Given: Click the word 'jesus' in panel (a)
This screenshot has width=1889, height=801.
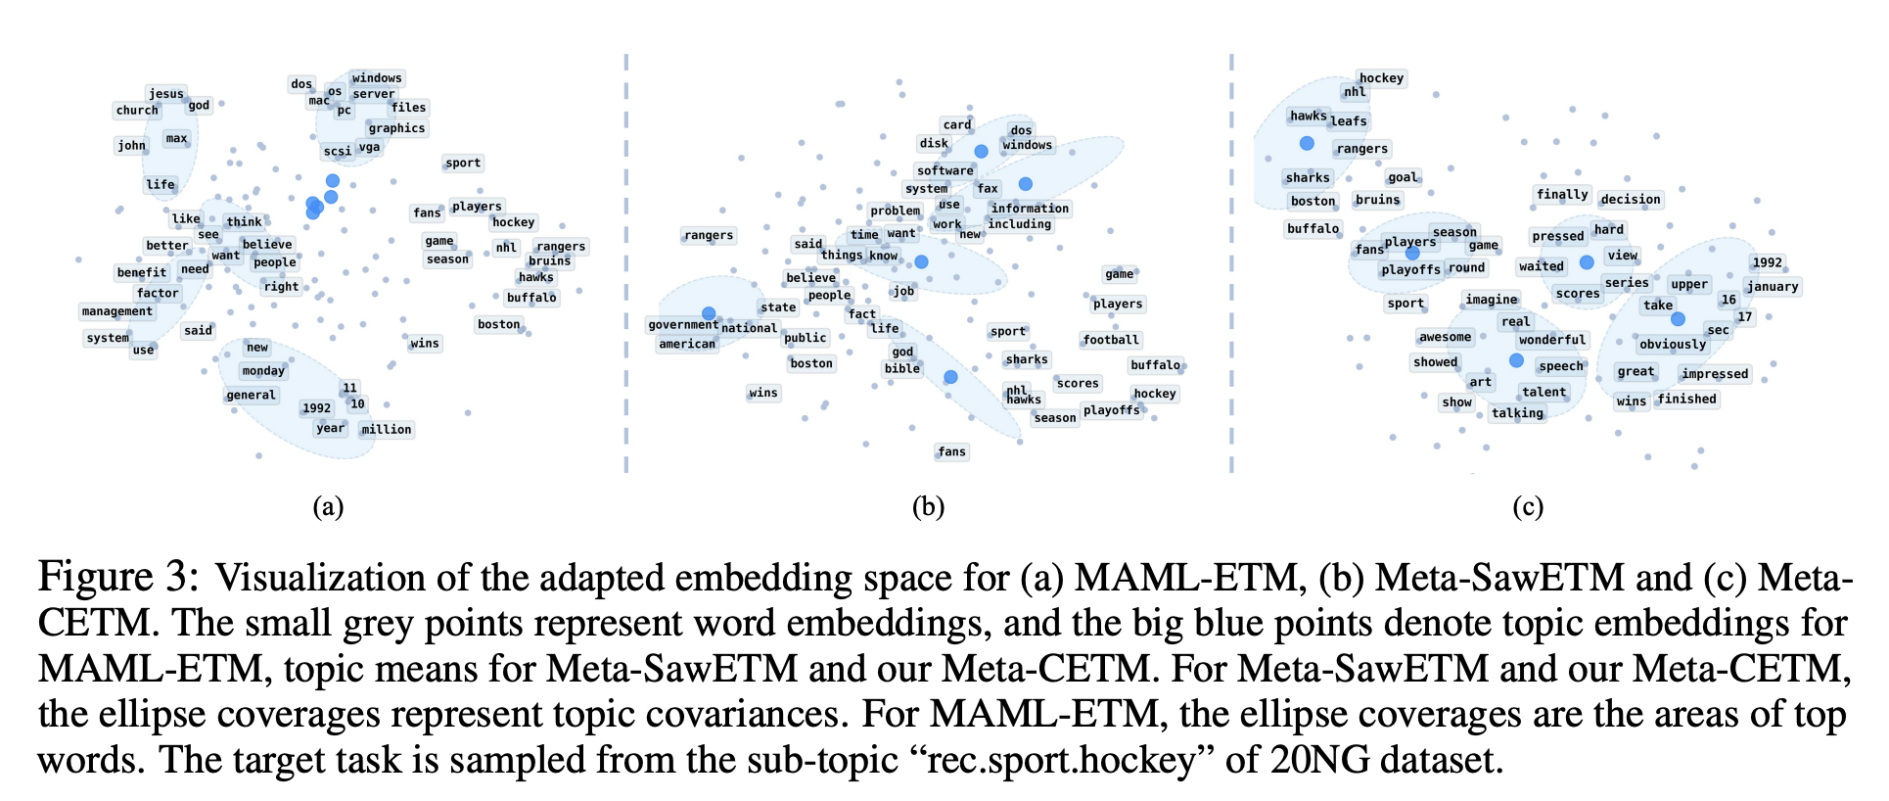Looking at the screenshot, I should [166, 94].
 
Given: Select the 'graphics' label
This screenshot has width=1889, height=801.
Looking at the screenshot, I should [396, 128].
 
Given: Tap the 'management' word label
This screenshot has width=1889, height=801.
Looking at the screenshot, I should [117, 311].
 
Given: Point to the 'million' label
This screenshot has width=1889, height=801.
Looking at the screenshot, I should [387, 430].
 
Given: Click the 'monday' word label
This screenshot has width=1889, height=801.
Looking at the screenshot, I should [263, 371].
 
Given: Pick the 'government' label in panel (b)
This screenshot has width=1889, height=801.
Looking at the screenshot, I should [683, 325].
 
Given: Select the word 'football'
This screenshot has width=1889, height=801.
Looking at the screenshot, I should [1111, 340].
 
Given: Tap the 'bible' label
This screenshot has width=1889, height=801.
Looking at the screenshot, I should [901, 369].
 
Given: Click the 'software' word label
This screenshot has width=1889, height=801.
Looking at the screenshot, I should [944, 170].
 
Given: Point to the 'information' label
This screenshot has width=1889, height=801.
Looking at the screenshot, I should [1030, 209].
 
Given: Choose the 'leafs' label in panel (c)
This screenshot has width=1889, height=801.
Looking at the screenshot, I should [1349, 121].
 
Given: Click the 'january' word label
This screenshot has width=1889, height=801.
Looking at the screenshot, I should [1773, 287].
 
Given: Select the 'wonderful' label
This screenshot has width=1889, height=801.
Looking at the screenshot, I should [1552, 340].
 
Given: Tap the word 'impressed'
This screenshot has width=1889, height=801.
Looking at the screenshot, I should [1715, 374].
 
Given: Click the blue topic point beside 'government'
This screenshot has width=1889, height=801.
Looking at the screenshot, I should [709, 313].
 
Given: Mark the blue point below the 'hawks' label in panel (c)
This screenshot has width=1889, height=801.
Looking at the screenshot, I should [1307, 144].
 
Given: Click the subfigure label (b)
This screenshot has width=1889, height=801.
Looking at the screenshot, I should [928, 506].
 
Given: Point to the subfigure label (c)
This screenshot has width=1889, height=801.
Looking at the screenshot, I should [1527, 506].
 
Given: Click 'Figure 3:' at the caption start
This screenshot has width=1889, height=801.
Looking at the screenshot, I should [118, 578].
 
